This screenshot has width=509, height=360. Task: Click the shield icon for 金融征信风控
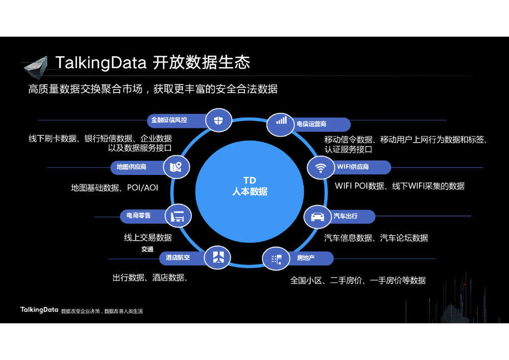219,120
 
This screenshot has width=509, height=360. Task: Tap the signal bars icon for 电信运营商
281,120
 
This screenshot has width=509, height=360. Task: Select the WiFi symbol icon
321,167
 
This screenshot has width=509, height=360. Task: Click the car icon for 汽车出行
318,216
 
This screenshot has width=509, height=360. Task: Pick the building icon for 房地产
276,259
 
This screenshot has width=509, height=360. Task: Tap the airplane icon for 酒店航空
218,257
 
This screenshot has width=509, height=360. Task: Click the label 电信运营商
312,124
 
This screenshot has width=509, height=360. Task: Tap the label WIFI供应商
353,167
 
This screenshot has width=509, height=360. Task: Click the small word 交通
147,249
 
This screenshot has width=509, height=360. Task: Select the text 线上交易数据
148,238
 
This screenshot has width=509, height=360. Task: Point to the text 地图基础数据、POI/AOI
115,188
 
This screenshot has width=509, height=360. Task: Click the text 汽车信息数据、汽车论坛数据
376,238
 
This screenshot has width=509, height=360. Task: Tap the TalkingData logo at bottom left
39,310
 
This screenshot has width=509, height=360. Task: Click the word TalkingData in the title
101,63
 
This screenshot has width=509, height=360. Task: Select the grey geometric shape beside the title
35,68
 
